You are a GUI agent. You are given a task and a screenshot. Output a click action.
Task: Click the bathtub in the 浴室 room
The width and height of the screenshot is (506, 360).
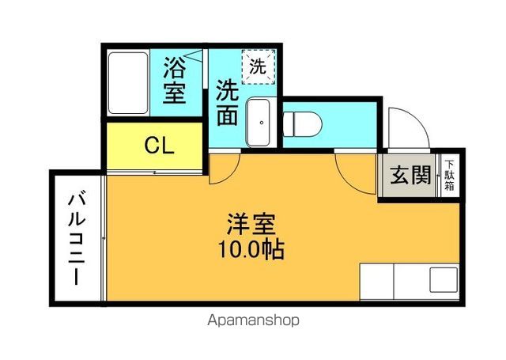pos(128,83)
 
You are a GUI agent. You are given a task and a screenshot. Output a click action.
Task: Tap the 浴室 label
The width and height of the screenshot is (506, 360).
pos(175,81)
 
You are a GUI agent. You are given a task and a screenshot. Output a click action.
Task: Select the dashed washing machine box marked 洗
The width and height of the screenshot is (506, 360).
pos(259,66)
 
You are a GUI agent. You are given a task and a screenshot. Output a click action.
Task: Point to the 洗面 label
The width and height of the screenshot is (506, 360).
pos(228,103)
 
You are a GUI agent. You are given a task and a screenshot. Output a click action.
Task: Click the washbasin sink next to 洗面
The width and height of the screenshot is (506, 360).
pos(259,123)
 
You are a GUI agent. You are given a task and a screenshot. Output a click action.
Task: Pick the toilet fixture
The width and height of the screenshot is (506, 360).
pos(302,124)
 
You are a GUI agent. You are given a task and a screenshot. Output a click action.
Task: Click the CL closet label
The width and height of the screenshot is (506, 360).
pos(160,146)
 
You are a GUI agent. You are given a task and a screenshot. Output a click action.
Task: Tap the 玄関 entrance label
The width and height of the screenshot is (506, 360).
pos(410,176)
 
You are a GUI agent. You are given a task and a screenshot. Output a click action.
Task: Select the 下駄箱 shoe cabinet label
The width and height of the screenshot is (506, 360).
pos(449,176)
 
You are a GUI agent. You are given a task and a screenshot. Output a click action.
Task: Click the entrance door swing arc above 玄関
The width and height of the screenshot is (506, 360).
pos(417,120)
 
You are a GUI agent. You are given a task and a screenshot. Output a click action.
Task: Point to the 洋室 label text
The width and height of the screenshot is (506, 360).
pos(251,224)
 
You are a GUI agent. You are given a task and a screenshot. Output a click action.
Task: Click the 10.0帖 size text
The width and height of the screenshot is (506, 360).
pos(251,249)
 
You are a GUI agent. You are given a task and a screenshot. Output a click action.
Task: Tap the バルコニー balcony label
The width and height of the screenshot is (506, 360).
pos(77,239)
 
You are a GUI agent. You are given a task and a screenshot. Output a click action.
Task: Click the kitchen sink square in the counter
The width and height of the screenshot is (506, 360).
pos(444,280)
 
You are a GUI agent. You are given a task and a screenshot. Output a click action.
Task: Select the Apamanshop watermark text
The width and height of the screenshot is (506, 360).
pos(253,320)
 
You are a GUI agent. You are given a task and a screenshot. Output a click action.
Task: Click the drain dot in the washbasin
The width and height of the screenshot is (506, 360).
pos(262,123)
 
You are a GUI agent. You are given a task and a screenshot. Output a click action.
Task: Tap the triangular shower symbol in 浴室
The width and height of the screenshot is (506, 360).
pos(194,55)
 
